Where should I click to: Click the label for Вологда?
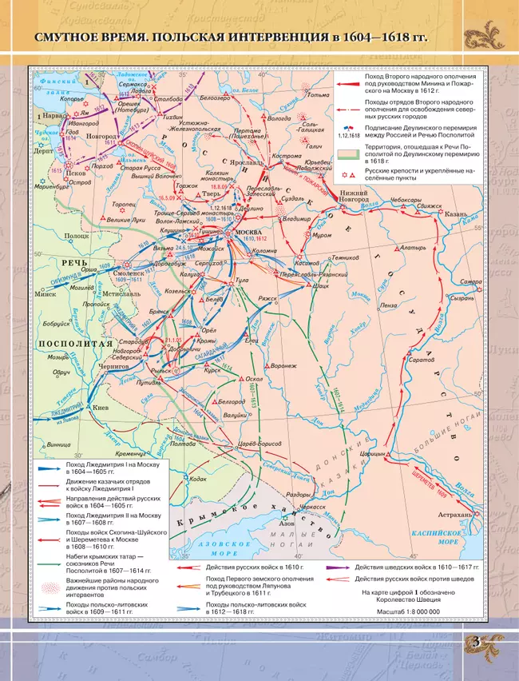(x=279, y=118)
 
